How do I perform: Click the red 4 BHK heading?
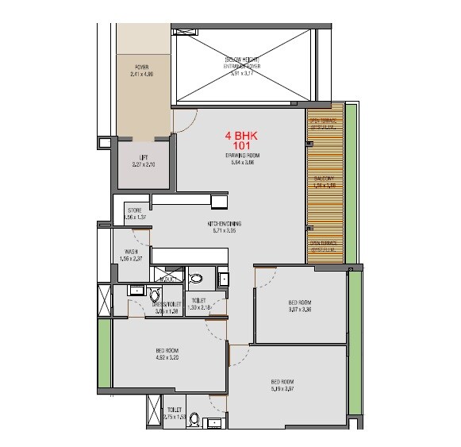coord(243,136)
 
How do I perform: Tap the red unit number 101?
coord(243,146)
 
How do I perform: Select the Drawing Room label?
coord(243,155)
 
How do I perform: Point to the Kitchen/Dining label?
coord(225,224)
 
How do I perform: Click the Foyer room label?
coord(141,67)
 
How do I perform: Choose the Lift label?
coord(144,157)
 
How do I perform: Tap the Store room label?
coord(135,210)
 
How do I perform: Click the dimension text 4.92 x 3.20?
coord(167,357)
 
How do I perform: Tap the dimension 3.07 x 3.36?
coord(300,310)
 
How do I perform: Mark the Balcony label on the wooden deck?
coord(324,179)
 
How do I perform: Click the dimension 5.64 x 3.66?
coord(243,162)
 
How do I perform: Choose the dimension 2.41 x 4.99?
coord(141,75)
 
